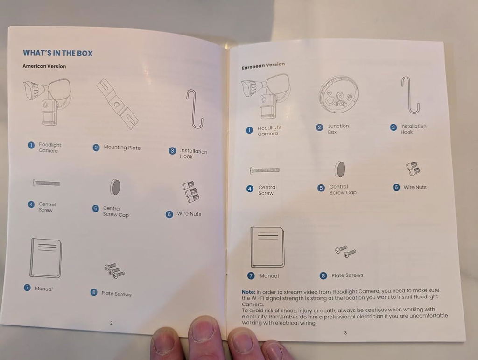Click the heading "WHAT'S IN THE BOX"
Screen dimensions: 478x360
click(57, 53)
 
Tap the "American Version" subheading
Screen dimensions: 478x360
click(44, 66)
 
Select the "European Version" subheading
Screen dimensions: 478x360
click(263, 65)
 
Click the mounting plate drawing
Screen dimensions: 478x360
click(117, 104)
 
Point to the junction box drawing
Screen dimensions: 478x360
click(338, 94)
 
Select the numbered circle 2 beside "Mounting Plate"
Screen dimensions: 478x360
click(96, 148)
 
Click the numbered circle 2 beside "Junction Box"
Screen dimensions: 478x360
click(319, 127)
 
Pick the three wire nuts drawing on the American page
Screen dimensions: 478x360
click(190, 192)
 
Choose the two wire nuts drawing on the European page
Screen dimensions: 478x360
click(413, 169)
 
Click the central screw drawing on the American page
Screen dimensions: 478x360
click(46, 183)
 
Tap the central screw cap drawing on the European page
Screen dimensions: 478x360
click(340, 169)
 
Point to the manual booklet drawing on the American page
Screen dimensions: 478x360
click(46, 258)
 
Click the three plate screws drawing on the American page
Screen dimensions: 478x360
click(114, 271)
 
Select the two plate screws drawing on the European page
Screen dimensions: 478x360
click(345, 251)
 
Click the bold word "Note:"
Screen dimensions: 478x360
click(248, 292)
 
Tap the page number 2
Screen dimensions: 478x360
click(111, 323)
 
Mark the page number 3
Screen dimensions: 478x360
click(345, 333)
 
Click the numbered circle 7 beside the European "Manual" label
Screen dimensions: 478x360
click(251, 276)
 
